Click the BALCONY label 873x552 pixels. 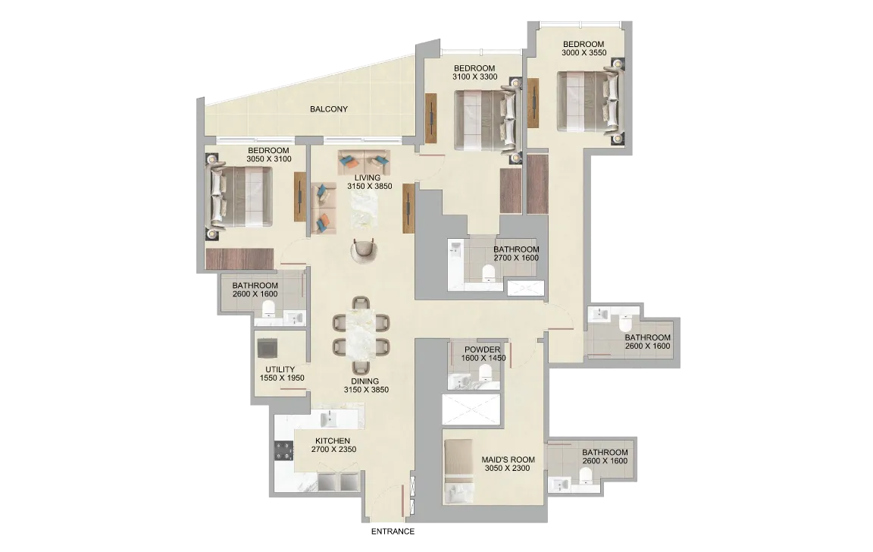pos(328,109)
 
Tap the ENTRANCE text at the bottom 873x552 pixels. pos(393,532)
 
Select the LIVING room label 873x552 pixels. pos(368,177)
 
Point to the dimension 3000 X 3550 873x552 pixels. pos(584,53)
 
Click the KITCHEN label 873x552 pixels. pos(333,441)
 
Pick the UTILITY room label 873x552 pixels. pos(280,369)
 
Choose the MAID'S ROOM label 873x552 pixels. pos(508,459)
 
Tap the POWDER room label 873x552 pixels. pos(482,350)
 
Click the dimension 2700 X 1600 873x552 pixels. pos(516,258)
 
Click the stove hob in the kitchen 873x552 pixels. pos(283,450)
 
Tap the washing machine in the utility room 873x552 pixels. pos(268,348)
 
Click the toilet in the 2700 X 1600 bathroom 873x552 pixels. pos(488,272)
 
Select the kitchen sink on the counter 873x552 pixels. pos(329,418)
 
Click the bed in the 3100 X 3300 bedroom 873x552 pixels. pos(485,121)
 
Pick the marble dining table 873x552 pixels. pos(361,334)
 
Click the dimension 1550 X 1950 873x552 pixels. pos(282,378)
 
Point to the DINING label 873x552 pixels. pos(365,381)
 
